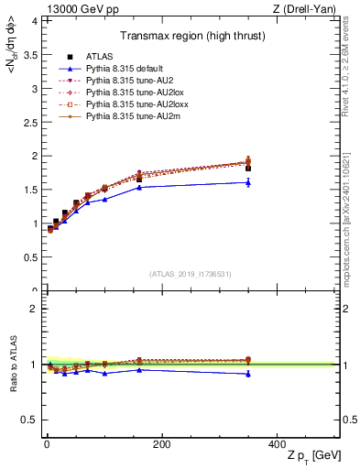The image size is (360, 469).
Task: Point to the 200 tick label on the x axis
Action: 161,444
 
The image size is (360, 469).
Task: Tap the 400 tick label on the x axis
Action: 276,444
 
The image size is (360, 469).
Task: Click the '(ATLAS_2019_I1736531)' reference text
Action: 190,274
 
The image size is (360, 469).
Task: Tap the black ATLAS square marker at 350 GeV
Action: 247,169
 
